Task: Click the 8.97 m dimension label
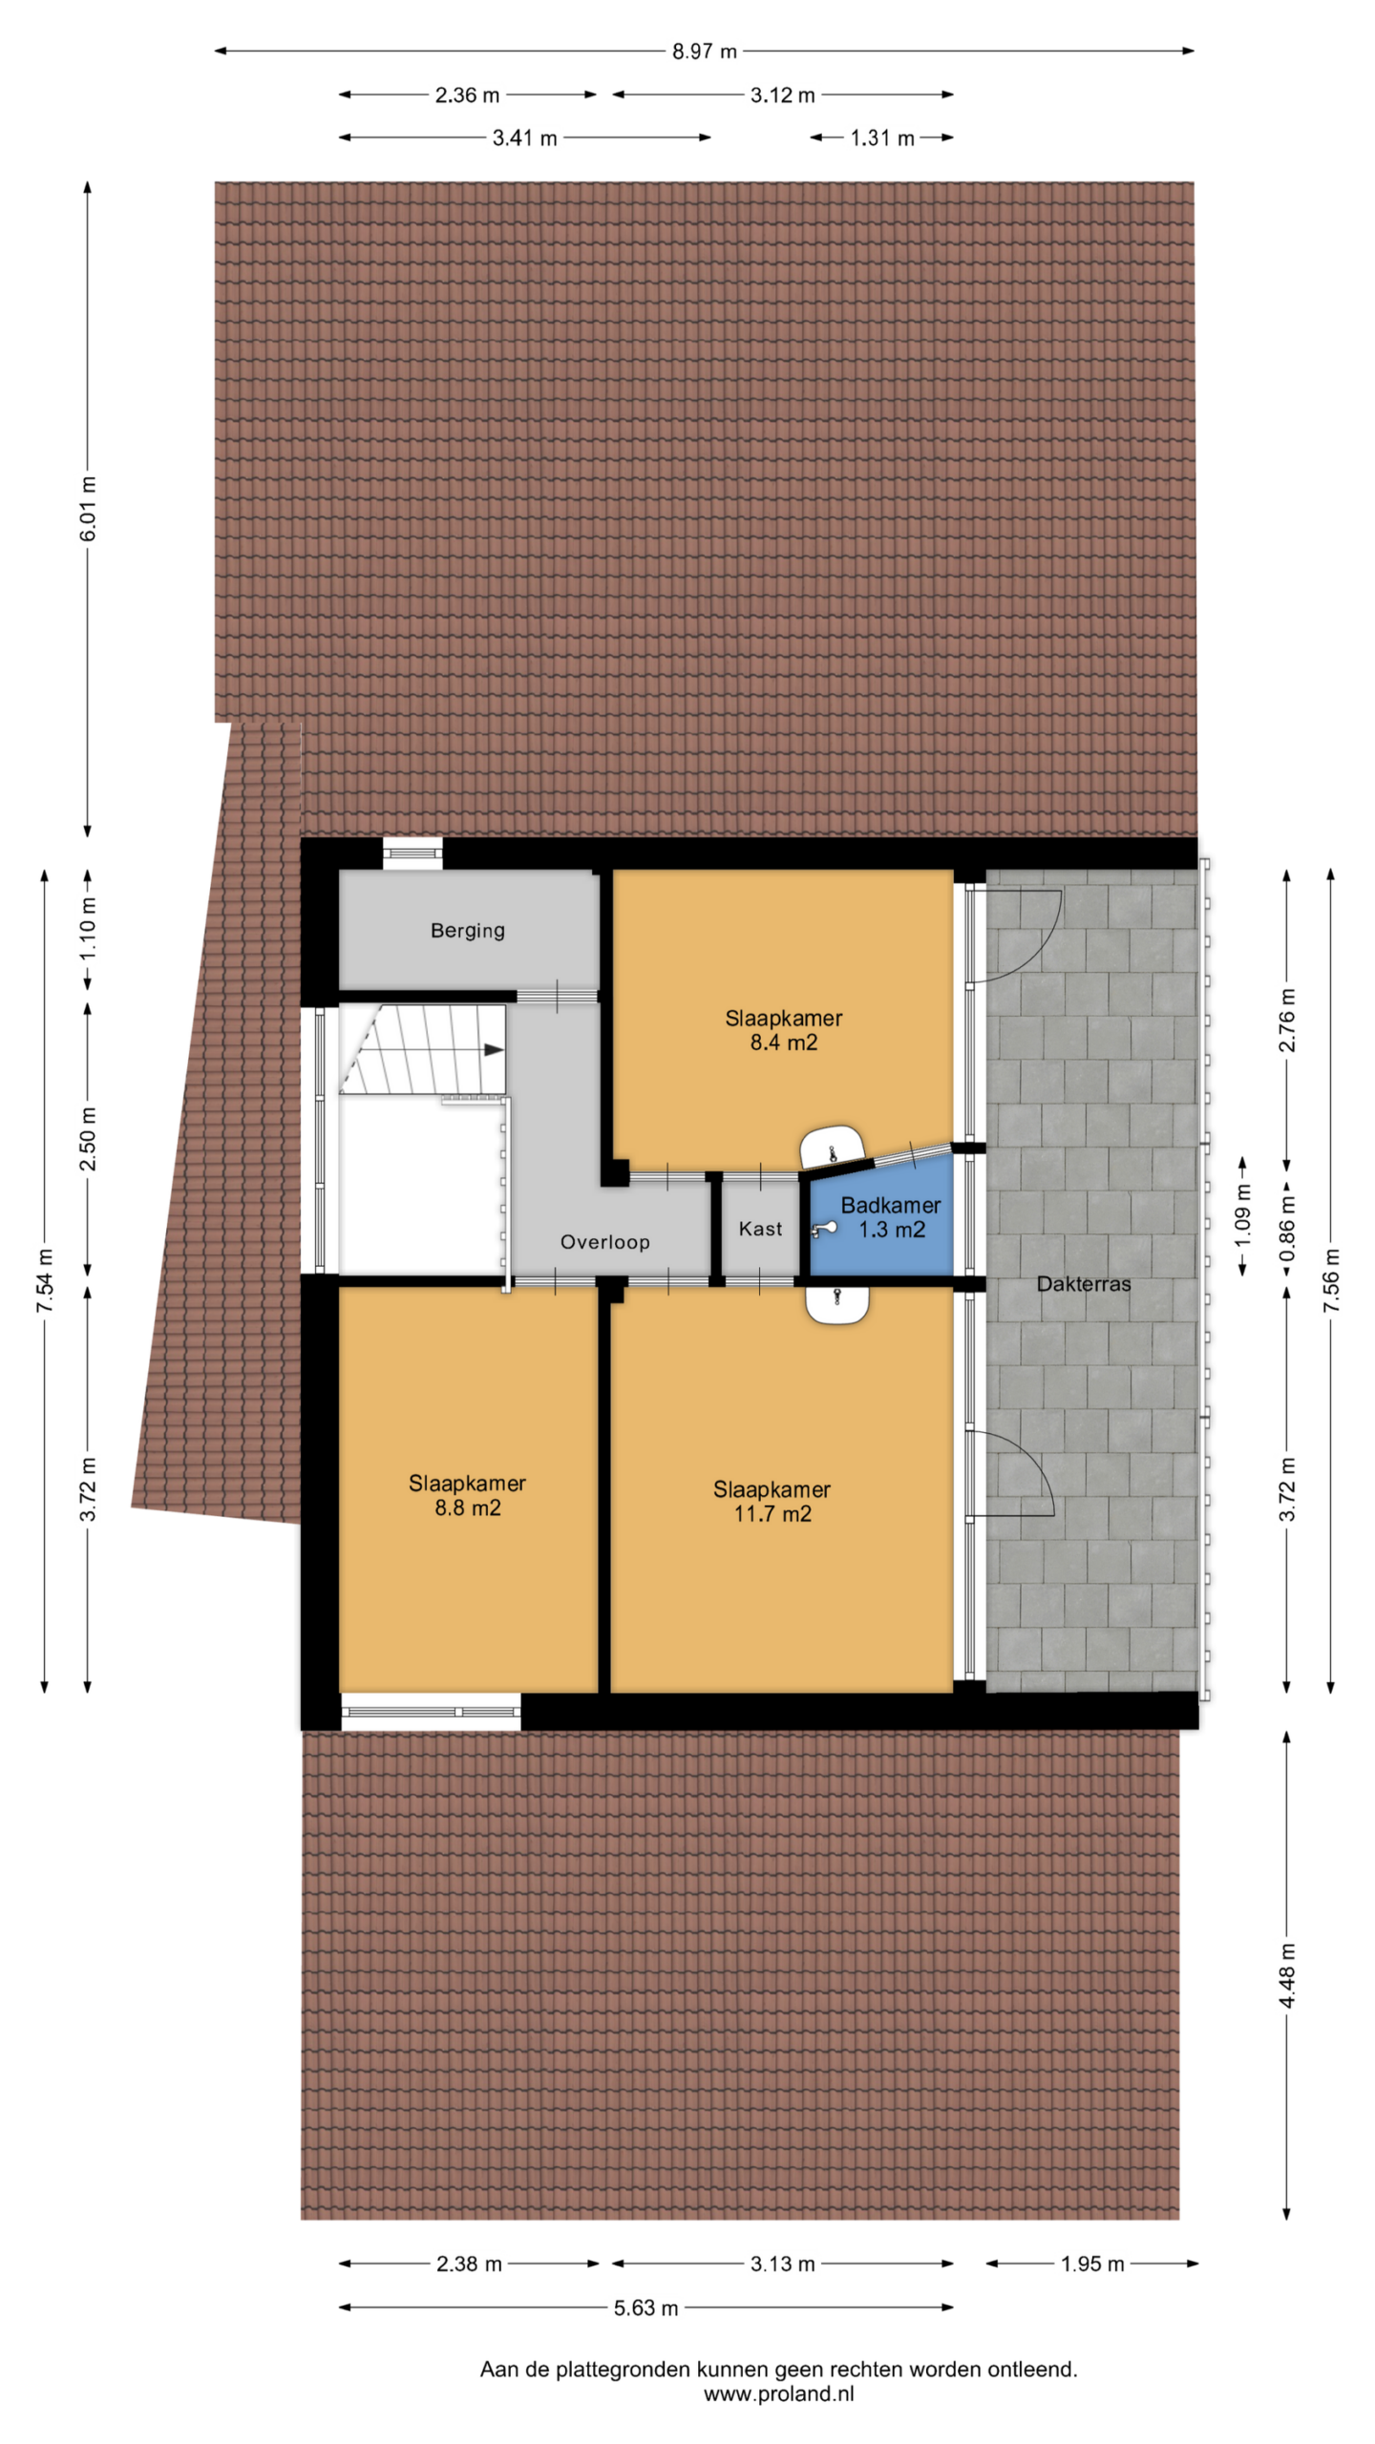(x=704, y=52)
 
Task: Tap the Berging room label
(x=467, y=931)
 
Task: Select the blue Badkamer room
(x=881, y=1217)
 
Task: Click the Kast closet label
(x=760, y=1229)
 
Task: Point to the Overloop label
(x=604, y=1242)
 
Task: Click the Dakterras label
(x=1084, y=1284)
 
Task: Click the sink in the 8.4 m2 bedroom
(x=832, y=1146)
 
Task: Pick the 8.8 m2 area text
(x=468, y=1508)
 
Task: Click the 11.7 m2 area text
(x=772, y=1514)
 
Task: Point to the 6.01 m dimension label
(x=88, y=508)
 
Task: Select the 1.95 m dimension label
(x=1092, y=2264)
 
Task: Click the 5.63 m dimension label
(x=645, y=2308)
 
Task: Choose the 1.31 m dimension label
(x=882, y=138)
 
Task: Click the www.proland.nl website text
(x=779, y=2394)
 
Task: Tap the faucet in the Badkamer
(x=822, y=1229)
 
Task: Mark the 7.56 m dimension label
(x=1332, y=1280)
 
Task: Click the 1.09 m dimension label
(x=1243, y=1215)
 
